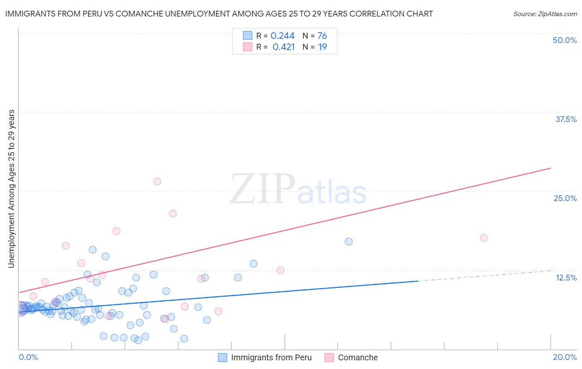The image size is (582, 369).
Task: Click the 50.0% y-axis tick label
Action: [x=565, y=40]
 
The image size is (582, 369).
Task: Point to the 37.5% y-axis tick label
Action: [x=566, y=119]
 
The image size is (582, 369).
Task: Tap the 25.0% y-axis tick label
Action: [x=565, y=198]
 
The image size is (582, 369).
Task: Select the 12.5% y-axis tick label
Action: [x=566, y=278]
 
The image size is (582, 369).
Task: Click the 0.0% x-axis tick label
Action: [x=28, y=357]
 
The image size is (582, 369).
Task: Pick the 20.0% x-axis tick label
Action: [x=565, y=357]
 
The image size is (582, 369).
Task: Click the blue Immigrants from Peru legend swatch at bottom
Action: [x=222, y=357]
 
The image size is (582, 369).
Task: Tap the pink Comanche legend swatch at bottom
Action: [x=329, y=357]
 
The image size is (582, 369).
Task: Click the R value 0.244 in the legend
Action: [x=282, y=36]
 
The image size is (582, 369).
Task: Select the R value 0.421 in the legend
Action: [x=284, y=47]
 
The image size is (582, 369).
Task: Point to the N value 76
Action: [x=322, y=36]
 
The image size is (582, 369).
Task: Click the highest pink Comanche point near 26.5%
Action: [x=157, y=181]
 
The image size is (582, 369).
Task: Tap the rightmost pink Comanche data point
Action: [x=483, y=238]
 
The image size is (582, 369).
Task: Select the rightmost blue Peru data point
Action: [x=349, y=242]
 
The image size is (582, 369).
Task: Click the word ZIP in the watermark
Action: [x=262, y=189]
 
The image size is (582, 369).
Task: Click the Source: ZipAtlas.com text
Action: [x=545, y=14]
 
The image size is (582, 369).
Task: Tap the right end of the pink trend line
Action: [x=551, y=168]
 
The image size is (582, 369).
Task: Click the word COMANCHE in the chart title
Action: [x=137, y=14]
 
